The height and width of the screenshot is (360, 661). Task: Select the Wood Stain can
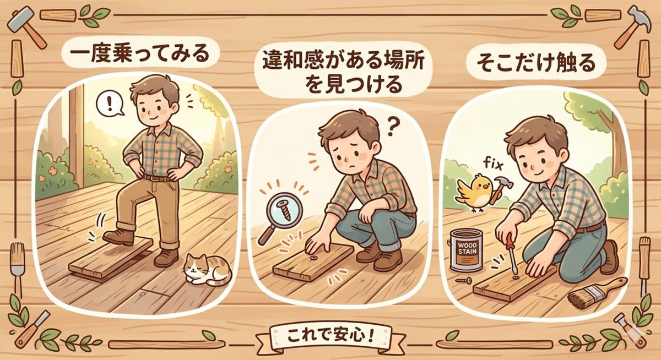coord(467,250)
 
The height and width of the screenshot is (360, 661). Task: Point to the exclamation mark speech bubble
coord(110,104)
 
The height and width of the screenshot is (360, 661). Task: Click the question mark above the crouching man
coord(391,127)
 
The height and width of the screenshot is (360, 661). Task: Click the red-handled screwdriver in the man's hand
coord(511,254)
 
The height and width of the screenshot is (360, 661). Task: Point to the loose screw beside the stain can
coord(464,280)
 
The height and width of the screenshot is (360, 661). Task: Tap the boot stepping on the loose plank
coord(118,237)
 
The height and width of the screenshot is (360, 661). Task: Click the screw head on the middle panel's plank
coord(313,258)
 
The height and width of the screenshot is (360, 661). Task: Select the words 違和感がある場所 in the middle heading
coord(343,61)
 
